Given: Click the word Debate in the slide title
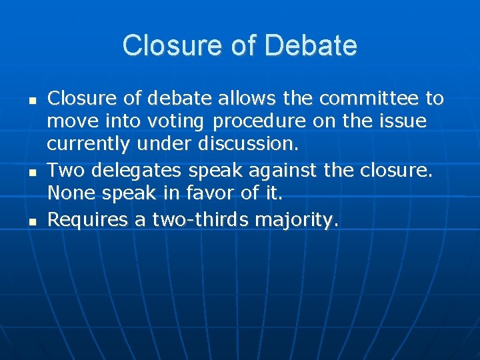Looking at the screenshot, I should point(311,46).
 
